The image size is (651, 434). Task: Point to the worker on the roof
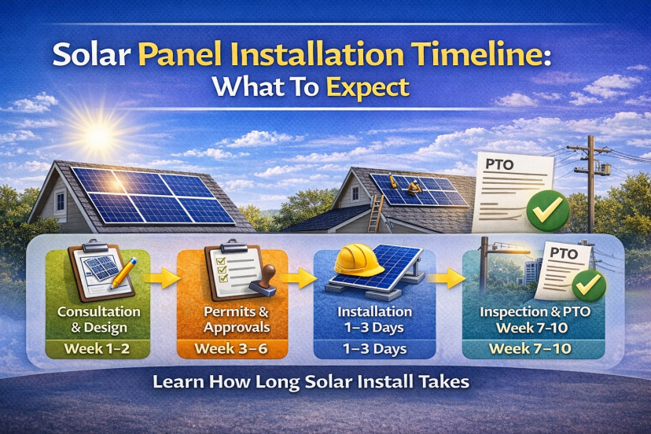(410, 187)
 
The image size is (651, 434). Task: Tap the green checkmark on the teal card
(589, 285)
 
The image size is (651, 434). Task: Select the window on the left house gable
(60, 201)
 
